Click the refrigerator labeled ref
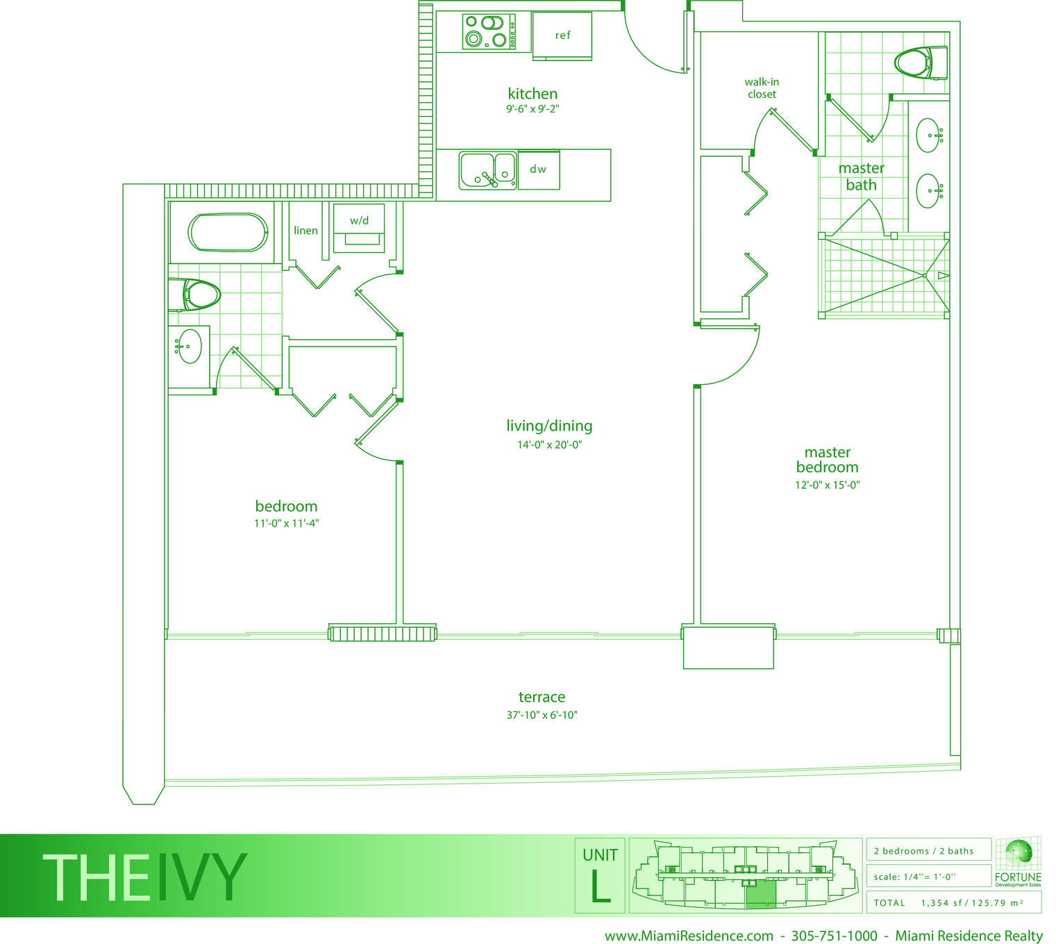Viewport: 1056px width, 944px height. (x=562, y=36)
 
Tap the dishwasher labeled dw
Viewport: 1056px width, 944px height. (x=539, y=170)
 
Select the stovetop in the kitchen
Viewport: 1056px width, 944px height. (x=489, y=33)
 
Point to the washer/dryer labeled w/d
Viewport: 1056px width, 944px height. (x=359, y=228)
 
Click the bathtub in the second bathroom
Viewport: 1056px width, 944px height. (x=228, y=232)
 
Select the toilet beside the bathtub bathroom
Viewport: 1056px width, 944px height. (x=194, y=295)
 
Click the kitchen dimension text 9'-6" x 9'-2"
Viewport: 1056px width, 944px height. (x=533, y=109)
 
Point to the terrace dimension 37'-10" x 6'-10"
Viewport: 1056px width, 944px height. (x=542, y=715)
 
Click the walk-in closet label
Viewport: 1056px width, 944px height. (x=762, y=88)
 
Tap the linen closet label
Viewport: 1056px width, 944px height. (x=305, y=231)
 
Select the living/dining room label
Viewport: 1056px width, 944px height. (x=549, y=426)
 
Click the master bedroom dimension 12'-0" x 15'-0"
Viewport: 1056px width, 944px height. (x=827, y=485)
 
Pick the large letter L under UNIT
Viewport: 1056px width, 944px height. (x=601, y=886)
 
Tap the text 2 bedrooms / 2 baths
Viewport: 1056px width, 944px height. (x=923, y=851)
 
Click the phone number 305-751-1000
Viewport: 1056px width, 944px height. (x=834, y=936)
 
